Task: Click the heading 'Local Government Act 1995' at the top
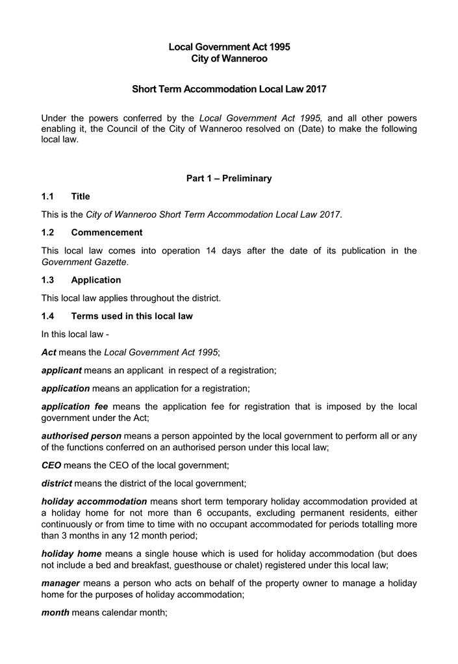click(x=229, y=47)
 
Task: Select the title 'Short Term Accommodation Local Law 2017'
click(x=229, y=88)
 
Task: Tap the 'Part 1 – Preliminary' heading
click(x=229, y=178)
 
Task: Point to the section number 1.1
click(x=48, y=196)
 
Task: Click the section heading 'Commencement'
click(x=107, y=232)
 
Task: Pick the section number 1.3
click(x=48, y=280)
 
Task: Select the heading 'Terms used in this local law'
click(x=132, y=316)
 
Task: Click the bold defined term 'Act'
click(x=49, y=352)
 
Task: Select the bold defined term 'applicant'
click(x=61, y=370)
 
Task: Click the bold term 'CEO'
click(x=51, y=465)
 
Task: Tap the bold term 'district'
click(x=57, y=483)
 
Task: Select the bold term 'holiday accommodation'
click(x=94, y=502)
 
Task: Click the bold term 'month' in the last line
click(x=55, y=613)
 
